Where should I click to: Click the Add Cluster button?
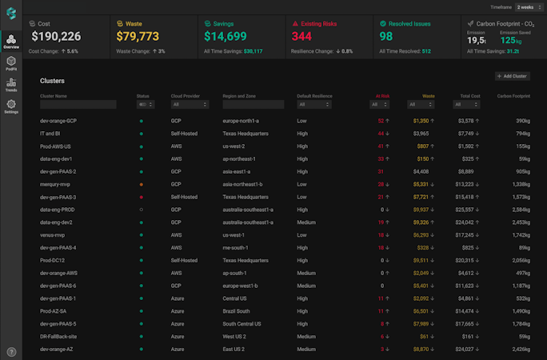pos(512,76)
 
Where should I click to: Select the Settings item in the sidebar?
pos(10,107)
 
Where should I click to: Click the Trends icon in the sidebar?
pos(10,85)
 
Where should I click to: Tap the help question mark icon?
pos(11,351)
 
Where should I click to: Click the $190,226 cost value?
pos(56,37)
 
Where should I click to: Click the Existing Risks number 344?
pos(301,37)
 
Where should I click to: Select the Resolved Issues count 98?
pos(386,37)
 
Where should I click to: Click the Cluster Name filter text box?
pos(78,104)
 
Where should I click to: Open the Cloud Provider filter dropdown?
pos(189,104)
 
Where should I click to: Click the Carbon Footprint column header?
pos(513,95)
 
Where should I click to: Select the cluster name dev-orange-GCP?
pos(58,121)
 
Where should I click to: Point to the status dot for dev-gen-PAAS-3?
pos(142,197)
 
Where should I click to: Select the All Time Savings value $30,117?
pos(253,51)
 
